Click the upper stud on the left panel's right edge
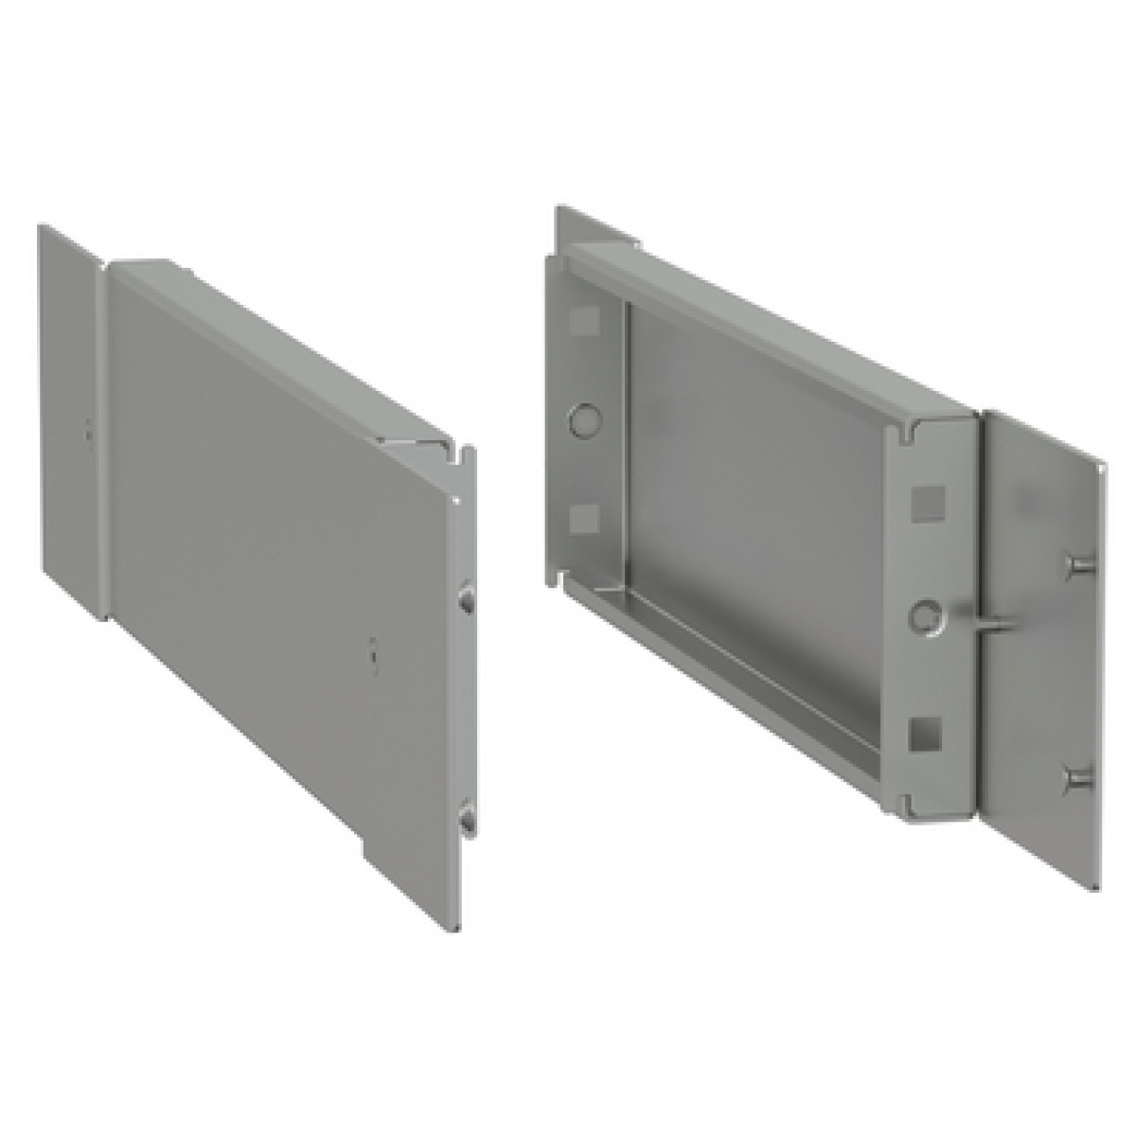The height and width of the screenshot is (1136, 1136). point(466,600)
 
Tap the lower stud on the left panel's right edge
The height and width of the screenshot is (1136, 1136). point(466,817)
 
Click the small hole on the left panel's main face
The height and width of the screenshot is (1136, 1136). point(374,653)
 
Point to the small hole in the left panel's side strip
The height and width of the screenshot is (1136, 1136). point(86,432)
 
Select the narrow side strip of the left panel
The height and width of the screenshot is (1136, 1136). point(68,417)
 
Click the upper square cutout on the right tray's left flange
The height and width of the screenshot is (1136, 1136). point(584,320)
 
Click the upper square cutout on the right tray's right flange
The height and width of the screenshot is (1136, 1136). point(925,502)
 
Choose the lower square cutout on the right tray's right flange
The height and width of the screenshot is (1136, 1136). point(923,731)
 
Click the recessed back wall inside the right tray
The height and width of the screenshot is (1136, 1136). point(757,473)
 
